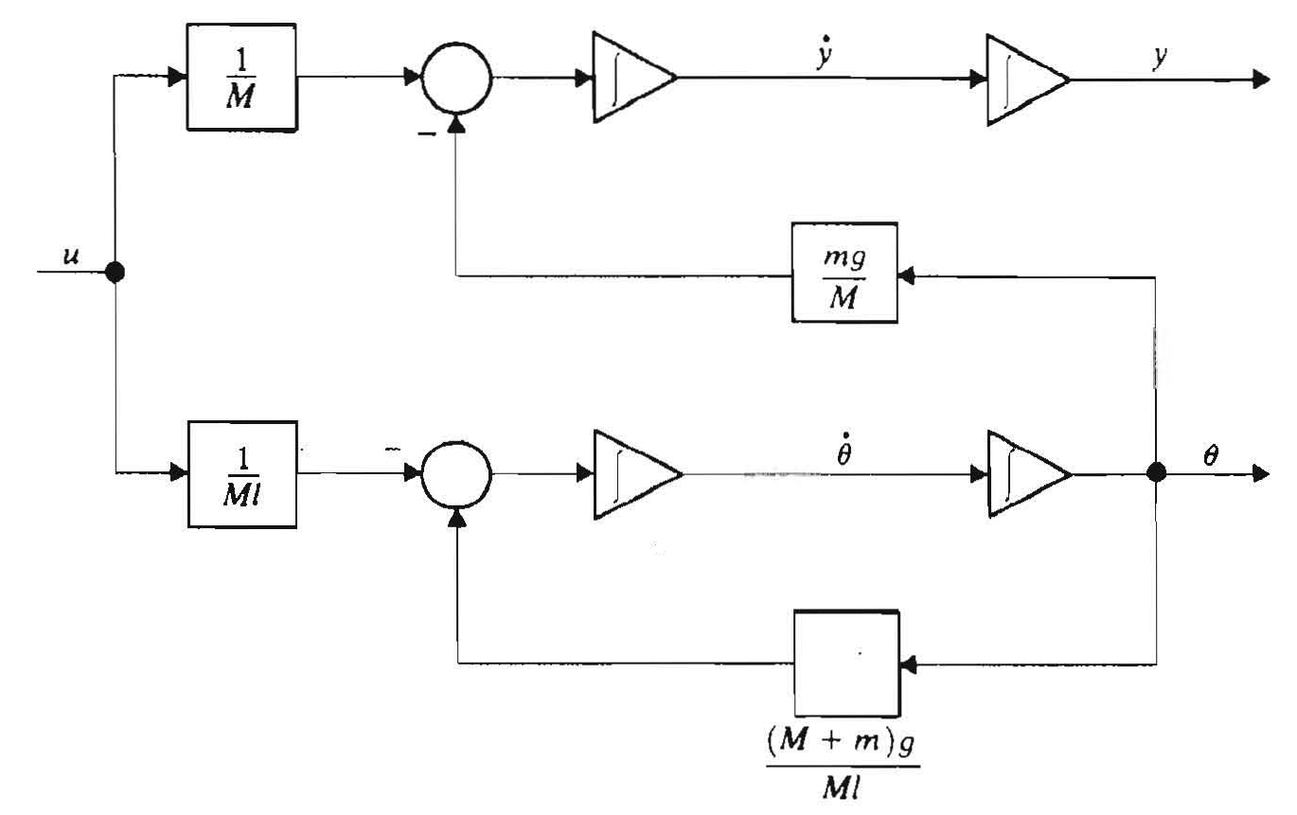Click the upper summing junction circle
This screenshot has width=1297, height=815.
tap(457, 80)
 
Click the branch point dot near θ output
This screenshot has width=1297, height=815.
tap(1156, 472)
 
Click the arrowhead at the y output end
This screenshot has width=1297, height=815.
tap(1259, 80)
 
